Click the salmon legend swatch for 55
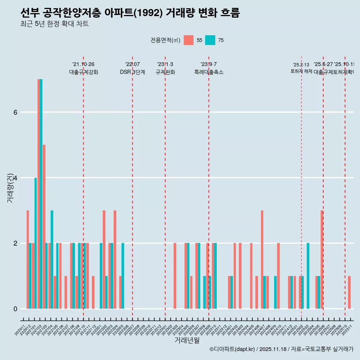click(x=189, y=40)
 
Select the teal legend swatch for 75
click(x=210, y=40)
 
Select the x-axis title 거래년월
click(x=187, y=340)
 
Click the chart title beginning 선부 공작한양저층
click(x=130, y=13)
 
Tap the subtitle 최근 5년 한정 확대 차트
click(x=54, y=24)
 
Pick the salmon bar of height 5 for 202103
click(x=44, y=226)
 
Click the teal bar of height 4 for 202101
click(x=36, y=243)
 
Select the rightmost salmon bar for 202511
click(x=349, y=292)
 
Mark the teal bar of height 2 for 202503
click(x=308, y=276)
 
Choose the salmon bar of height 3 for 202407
click(x=262, y=259)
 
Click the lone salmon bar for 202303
click(x=175, y=276)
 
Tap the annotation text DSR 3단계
click(x=132, y=72)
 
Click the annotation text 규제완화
click(x=165, y=72)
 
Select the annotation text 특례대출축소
click(x=208, y=72)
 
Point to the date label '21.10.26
click(x=83, y=64)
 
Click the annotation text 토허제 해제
click(x=301, y=71)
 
